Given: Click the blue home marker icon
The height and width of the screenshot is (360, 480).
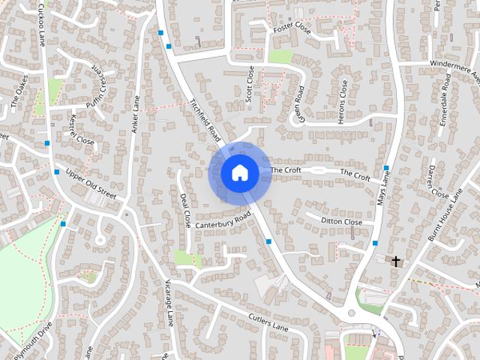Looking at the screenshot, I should point(240,172).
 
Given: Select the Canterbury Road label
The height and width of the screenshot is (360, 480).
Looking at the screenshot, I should point(223,220).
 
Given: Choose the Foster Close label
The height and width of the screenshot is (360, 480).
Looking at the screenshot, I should point(292,27).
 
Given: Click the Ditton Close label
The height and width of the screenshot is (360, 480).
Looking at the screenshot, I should point(342,222).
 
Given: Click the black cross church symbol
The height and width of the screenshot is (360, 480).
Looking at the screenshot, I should point(396,261).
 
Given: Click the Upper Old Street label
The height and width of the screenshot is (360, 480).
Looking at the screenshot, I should point(91,184).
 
